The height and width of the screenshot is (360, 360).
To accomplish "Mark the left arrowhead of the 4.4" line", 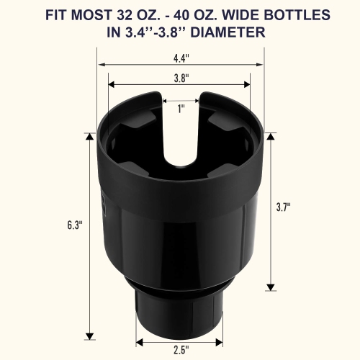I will pyautogui.click(x=100, y=64).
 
